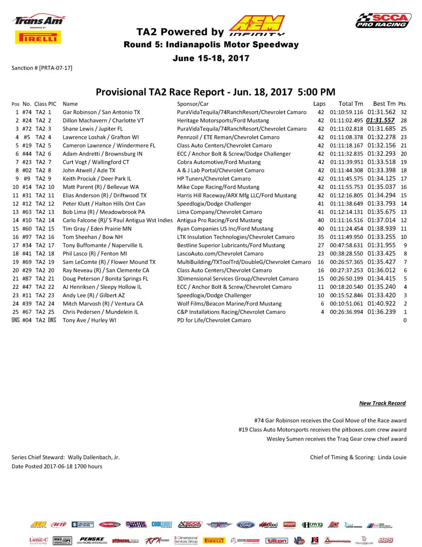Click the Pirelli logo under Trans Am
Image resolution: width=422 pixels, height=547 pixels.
click(x=38, y=37)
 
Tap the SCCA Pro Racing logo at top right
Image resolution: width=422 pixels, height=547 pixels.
click(x=383, y=21)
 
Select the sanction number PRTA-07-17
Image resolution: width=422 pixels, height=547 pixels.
click(x=56, y=68)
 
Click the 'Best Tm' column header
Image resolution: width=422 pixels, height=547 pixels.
click(x=381, y=104)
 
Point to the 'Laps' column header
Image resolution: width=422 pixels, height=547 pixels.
click(x=320, y=104)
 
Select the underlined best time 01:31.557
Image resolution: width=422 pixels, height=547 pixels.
click(x=381, y=120)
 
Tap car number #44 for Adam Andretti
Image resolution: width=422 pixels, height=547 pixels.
click(x=26, y=154)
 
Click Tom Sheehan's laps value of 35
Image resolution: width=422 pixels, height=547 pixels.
click(x=321, y=237)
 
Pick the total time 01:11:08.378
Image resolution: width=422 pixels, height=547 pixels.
click(x=347, y=137)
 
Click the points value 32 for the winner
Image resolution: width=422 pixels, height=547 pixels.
click(x=403, y=112)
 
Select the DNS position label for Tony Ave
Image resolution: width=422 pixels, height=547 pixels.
click(x=16, y=320)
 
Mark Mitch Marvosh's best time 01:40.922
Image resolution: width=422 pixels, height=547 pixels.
click(x=381, y=304)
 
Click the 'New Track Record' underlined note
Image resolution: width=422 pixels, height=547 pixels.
click(x=382, y=403)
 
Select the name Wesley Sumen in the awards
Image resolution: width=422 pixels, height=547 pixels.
click(x=285, y=439)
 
